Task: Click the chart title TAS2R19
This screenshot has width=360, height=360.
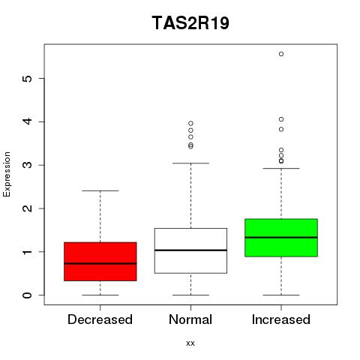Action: point(190,23)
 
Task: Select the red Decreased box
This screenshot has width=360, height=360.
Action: point(100,262)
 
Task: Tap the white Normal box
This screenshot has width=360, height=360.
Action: point(190,250)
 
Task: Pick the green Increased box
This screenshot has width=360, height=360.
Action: point(281,238)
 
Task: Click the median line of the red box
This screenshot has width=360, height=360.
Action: point(100,263)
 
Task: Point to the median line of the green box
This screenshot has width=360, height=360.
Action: point(281,238)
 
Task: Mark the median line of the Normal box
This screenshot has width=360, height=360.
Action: point(190,250)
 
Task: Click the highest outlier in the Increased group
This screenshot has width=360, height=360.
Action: point(281,54)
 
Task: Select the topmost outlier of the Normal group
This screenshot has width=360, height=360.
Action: point(190,123)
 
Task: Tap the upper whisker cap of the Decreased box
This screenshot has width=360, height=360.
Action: point(100,190)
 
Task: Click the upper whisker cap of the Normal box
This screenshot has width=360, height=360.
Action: point(190,163)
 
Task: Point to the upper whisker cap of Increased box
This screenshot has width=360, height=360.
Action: point(281,169)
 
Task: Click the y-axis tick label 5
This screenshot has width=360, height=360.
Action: point(28,79)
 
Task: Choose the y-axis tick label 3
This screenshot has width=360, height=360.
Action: point(28,165)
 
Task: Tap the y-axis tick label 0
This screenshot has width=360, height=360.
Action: point(28,295)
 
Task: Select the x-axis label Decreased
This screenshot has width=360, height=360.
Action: point(100,319)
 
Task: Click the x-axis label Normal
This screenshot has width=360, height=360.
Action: point(190,319)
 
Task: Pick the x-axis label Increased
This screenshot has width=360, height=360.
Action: point(281,319)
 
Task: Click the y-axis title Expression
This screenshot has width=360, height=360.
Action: point(7,174)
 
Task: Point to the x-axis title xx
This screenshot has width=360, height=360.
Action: point(190,343)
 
